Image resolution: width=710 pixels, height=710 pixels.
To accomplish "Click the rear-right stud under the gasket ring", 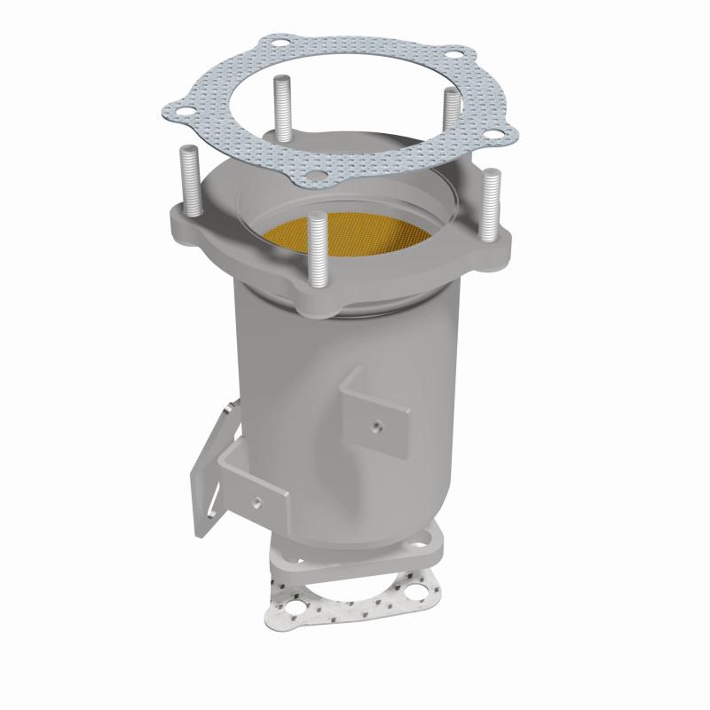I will (449, 116).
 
